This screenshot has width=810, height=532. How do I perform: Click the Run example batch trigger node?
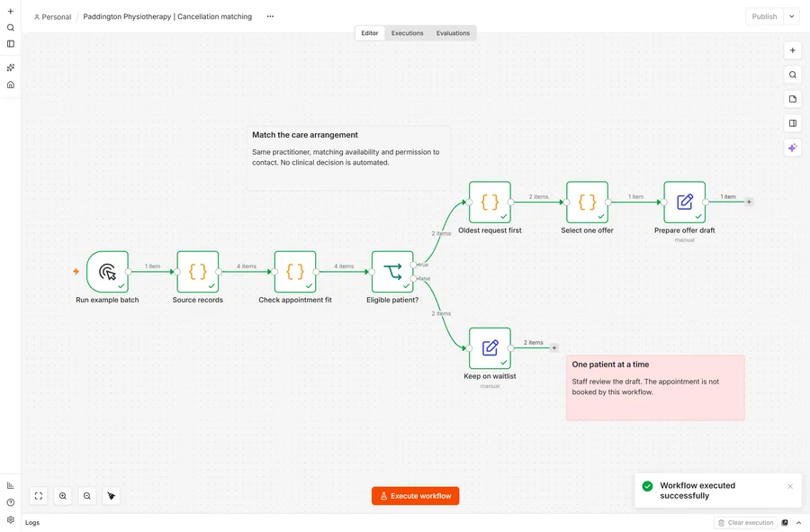click(x=107, y=272)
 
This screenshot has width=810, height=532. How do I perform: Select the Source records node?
click(x=198, y=272)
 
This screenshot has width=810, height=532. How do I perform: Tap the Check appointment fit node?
click(x=295, y=272)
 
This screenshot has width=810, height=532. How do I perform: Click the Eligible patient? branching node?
click(x=392, y=272)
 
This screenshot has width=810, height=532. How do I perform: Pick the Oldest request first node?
click(x=490, y=202)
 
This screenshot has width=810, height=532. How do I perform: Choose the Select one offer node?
click(x=587, y=202)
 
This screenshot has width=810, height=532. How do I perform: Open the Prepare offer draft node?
click(x=685, y=202)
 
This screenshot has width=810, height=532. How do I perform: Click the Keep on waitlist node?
click(x=490, y=348)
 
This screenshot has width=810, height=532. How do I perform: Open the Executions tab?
click(x=407, y=33)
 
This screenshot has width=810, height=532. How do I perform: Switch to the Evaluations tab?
click(x=453, y=33)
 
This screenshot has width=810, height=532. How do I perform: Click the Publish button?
click(x=764, y=16)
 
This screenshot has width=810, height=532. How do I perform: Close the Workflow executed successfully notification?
click(x=790, y=486)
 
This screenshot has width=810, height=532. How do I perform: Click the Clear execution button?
click(x=745, y=523)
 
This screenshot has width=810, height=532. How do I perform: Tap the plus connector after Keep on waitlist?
click(x=553, y=348)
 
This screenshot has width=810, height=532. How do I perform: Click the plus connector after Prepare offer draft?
click(x=749, y=202)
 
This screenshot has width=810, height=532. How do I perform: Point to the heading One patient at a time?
click(x=610, y=365)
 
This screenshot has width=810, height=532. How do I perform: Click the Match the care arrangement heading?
click(x=305, y=135)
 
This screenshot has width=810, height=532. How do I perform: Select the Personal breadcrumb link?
click(x=53, y=17)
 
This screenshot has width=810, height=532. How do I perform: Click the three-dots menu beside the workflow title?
click(x=270, y=16)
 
